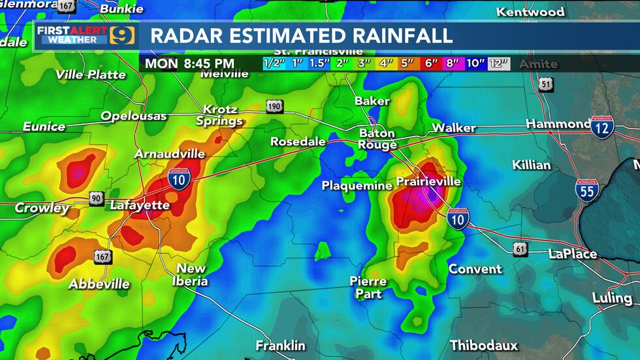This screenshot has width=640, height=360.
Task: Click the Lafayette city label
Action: click(x=140, y=205)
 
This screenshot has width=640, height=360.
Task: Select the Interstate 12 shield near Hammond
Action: click(x=601, y=127)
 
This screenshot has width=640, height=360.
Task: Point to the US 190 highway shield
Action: click(x=275, y=106)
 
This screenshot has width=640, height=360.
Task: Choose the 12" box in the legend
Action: click(x=499, y=64)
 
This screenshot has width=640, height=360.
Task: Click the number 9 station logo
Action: click(x=122, y=35)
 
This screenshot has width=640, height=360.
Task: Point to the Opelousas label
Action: click(x=134, y=116)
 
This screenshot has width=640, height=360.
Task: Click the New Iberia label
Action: click(x=191, y=275)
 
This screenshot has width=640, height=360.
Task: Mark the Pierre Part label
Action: click(x=368, y=287)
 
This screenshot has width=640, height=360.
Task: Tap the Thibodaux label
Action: click(x=484, y=345)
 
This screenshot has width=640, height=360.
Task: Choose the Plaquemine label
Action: click(x=357, y=186)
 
